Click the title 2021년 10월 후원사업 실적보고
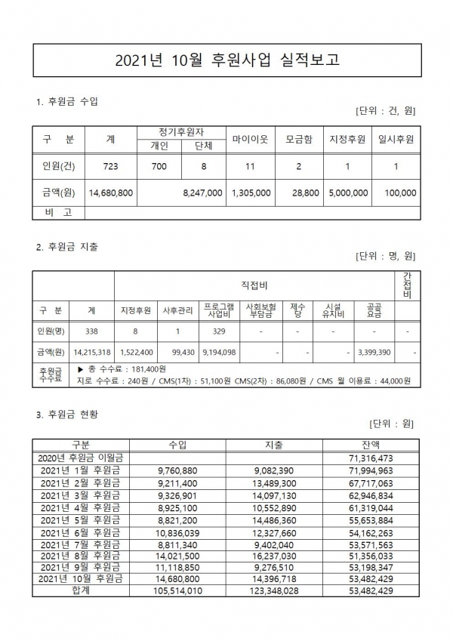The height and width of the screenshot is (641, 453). click(226, 60)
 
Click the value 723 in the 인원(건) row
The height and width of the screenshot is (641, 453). click(110, 167)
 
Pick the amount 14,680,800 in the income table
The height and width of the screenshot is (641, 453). click(110, 193)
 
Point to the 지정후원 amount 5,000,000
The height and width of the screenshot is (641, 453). click(347, 193)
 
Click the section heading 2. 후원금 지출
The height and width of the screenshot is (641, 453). click(67, 247)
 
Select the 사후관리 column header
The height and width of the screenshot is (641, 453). click(178, 310)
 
